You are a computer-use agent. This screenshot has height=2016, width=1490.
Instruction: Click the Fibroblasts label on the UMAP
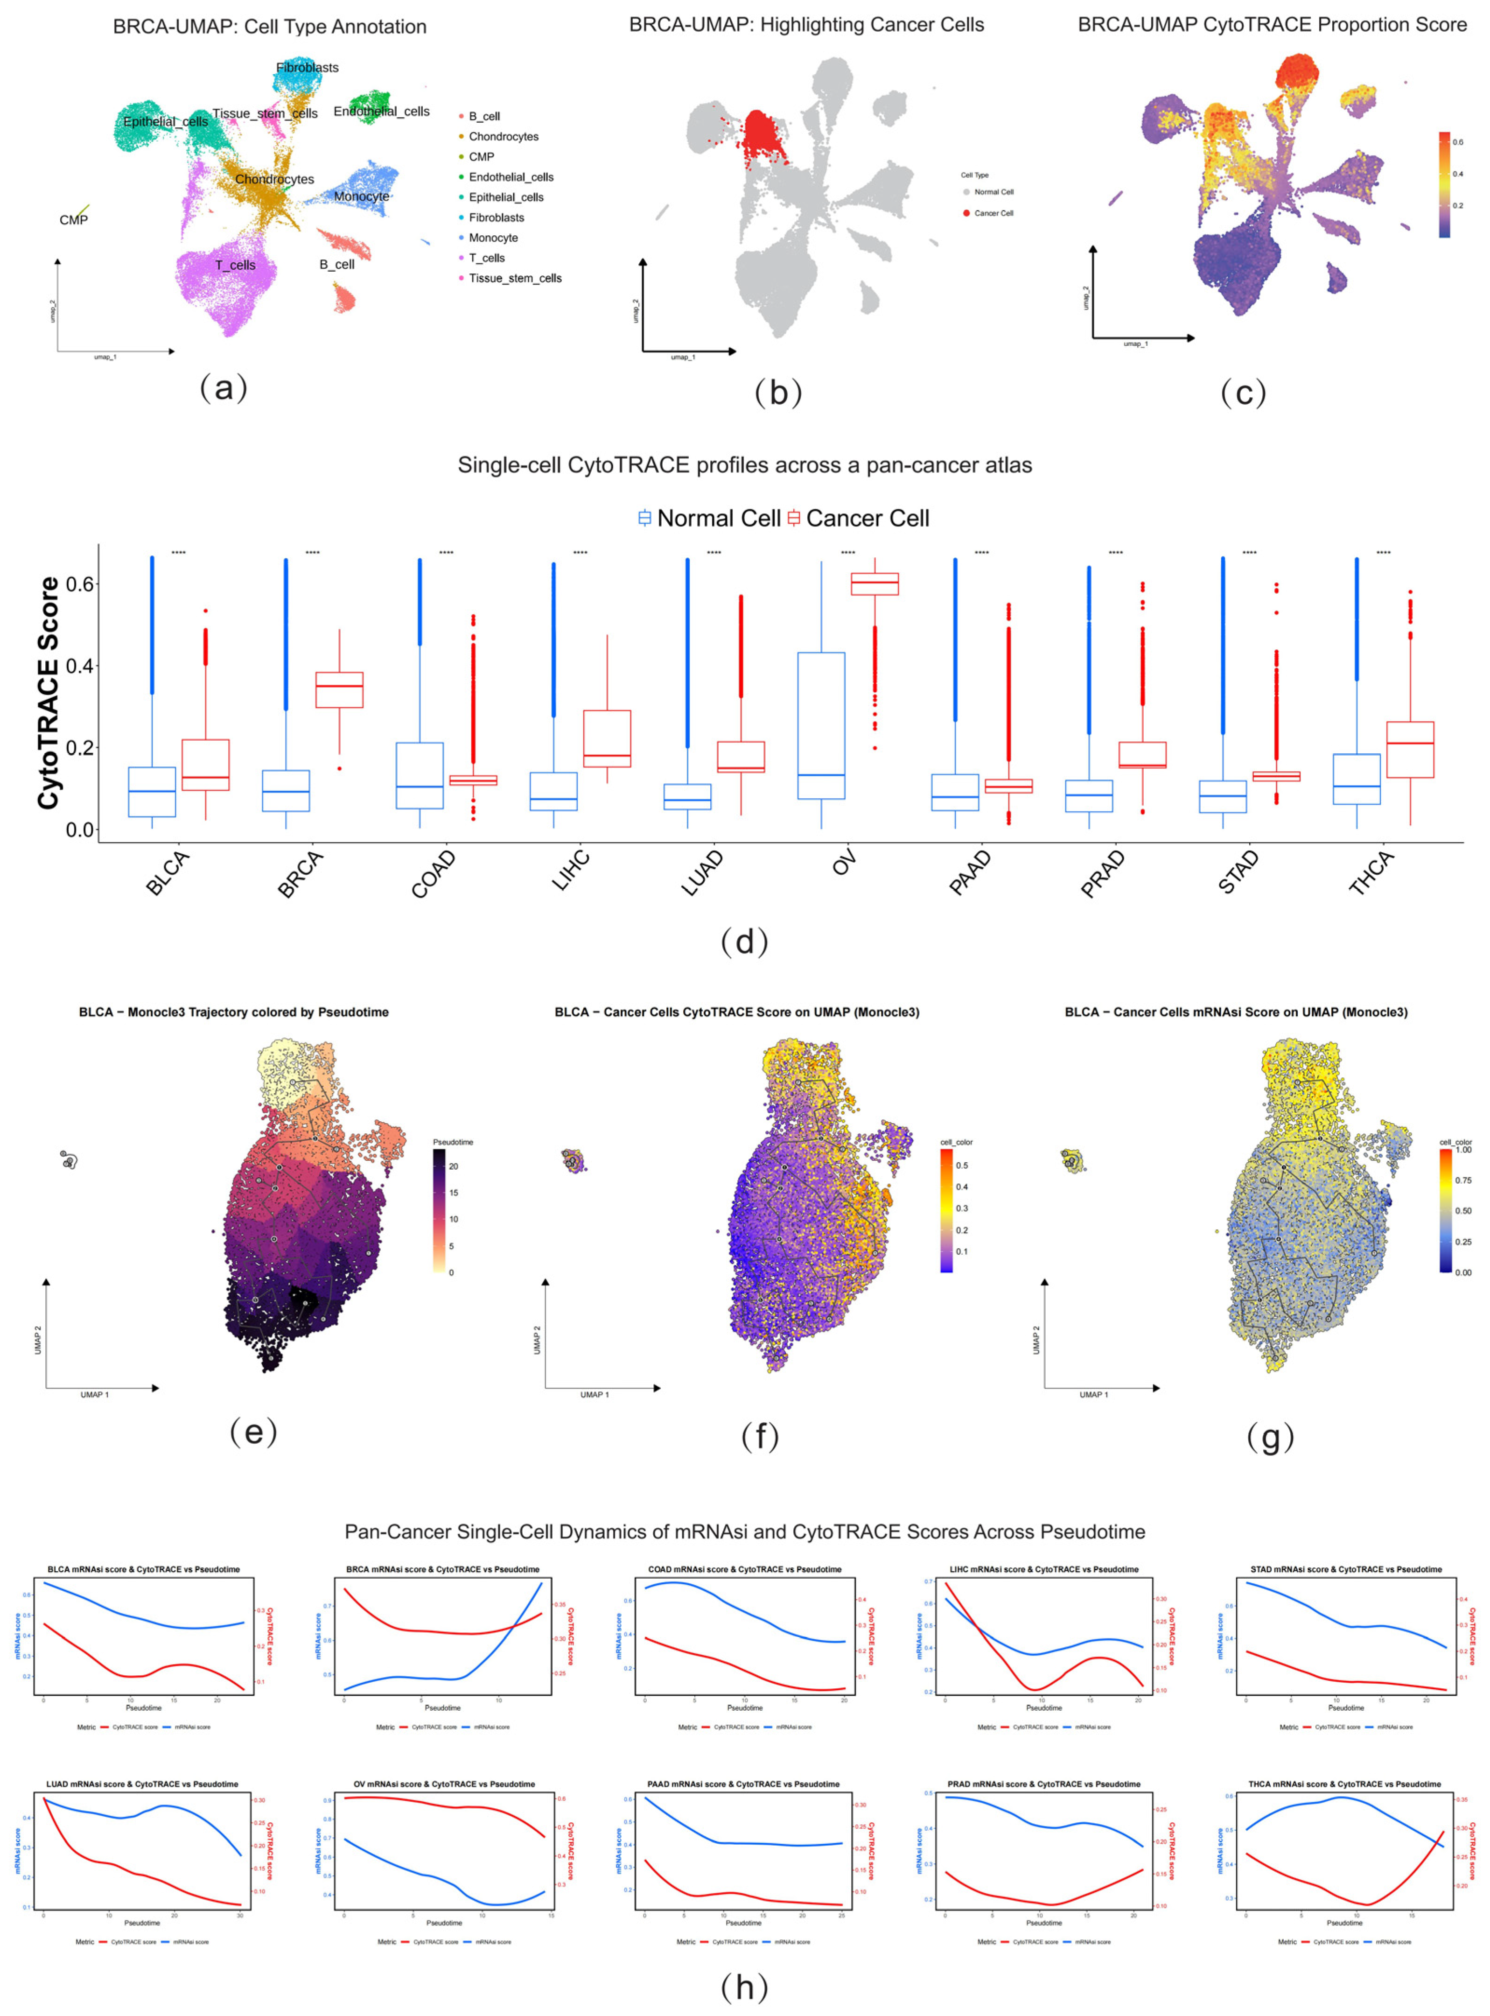(308, 68)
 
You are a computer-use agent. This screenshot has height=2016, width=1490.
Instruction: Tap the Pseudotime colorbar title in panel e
(453, 1142)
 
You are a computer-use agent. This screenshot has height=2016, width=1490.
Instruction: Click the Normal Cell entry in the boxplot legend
(709, 519)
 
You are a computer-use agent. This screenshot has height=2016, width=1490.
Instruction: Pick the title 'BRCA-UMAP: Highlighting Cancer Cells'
(806, 25)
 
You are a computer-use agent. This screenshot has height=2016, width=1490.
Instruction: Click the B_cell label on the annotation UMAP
(336, 264)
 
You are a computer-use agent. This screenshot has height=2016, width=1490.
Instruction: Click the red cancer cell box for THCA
(1410, 749)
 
